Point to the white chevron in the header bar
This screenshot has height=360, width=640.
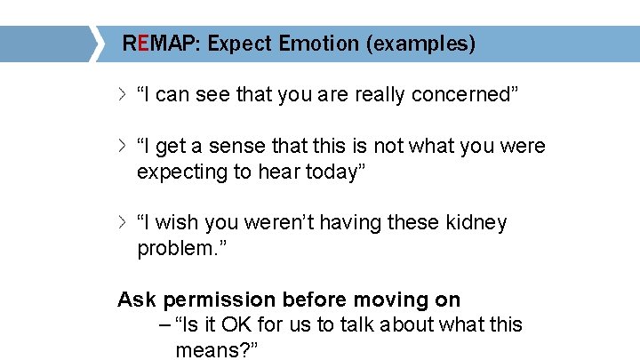96,44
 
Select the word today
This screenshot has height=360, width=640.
334,172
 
